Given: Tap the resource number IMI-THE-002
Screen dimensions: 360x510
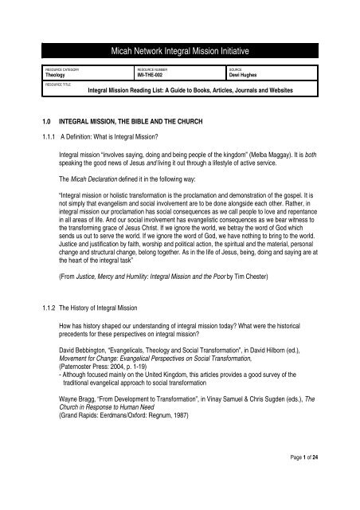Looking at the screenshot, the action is [x=151, y=74].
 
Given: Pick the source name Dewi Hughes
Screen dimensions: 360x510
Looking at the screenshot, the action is [x=246, y=74].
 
